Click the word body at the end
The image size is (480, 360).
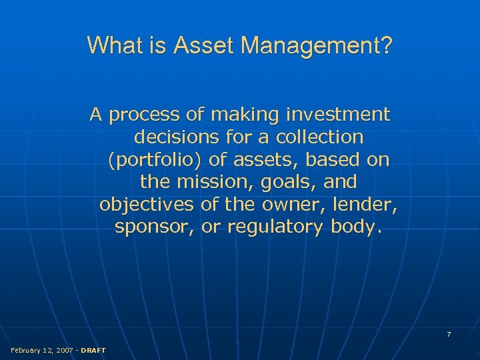tap(357, 227)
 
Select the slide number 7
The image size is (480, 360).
tap(449, 334)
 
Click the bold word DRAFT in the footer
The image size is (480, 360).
tap(93, 350)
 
